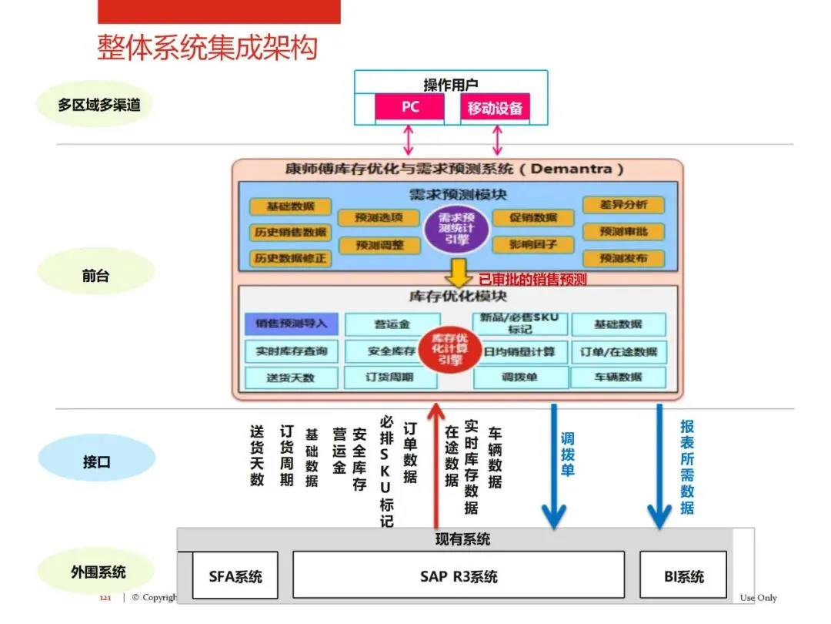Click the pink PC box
(x=409, y=107)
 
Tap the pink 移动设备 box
(x=496, y=108)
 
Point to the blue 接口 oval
(x=96, y=462)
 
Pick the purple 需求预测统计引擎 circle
(x=457, y=228)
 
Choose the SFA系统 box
(x=235, y=576)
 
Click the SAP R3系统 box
(x=459, y=576)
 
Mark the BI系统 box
(x=683, y=576)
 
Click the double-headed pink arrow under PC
(x=409, y=139)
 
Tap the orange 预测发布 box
(x=623, y=258)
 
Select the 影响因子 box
(x=532, y=245)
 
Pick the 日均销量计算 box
(x=520, y=352)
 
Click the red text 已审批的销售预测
(x=532, y=280)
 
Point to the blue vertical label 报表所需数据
(x=687, y=467)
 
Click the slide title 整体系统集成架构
(x=207, y=47)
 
